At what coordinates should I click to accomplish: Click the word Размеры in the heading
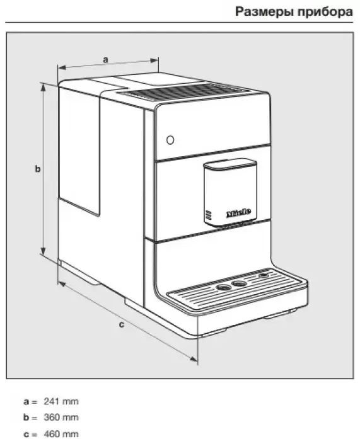click(264, 12)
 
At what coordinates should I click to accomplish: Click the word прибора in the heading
click(325, 12)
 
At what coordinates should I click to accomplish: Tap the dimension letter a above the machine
click(105, 60)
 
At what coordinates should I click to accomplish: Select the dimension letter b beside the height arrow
click(38, 169)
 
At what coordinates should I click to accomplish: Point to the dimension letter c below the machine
click(121, 325)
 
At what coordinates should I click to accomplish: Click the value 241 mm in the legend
click(61, 401)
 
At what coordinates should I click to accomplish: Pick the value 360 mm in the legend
click(61, 418)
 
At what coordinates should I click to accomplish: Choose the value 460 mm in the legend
click(61, 434)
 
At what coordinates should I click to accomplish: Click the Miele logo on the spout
click(238, 213)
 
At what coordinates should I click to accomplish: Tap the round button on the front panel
click(170, 140)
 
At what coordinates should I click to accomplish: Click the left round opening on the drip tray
click(223, 288)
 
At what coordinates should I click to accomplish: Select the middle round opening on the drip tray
click(240, 283)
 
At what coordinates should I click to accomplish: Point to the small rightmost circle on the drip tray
click(264, 275)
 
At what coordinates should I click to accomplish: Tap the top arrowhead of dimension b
click(43, 88)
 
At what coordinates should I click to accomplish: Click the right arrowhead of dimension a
click(154, 60)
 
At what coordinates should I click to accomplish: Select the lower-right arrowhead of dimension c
click(194, 359)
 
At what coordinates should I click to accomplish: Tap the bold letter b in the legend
click(26, 418)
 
